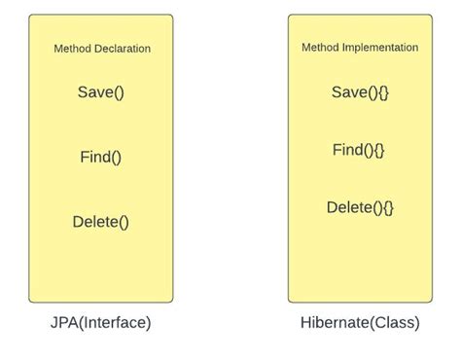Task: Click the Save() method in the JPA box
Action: pos(101,93)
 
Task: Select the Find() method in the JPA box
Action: pos(101,157)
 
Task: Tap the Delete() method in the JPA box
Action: pos(101,221)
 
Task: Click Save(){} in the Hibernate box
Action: pos(360,92)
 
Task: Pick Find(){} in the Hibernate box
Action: pos(359,150)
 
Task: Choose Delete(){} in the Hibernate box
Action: pos(360,207)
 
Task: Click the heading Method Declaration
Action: pos(101,49)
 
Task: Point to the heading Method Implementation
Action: pos(360,47)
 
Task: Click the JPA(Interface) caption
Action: pos(101,321)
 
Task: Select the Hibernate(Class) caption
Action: pos(360,321)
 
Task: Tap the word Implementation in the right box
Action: pos(383,47)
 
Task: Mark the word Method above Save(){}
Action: pos(320,47)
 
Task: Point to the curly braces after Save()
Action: pos(382,92)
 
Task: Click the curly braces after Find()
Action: pos(379,150)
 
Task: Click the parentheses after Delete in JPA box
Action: pos(123,221)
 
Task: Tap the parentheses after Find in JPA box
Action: pos(117,157)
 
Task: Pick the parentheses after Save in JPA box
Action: pos(119,93)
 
